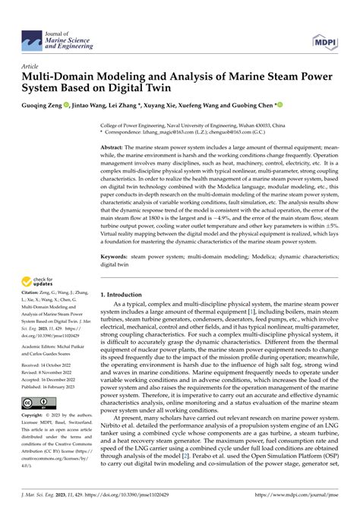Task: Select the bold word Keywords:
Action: [x=115, y=258]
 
